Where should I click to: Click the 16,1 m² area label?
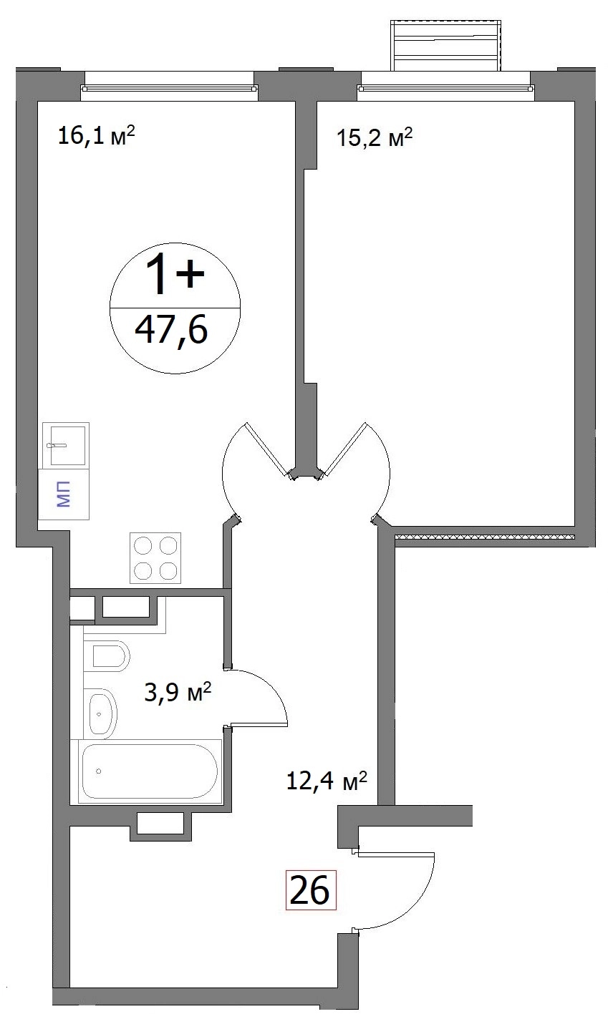[97, 135]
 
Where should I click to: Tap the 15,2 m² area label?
[375, 137]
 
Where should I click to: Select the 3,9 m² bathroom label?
[178, 692]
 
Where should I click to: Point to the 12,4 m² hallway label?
[326, 781]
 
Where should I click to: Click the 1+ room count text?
[175, 274]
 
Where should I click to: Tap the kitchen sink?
[66, 445]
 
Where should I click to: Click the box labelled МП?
[64, 494]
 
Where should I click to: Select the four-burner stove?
[155, 557]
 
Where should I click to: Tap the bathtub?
[150, 772]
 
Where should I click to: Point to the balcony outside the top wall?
[446, 46]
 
